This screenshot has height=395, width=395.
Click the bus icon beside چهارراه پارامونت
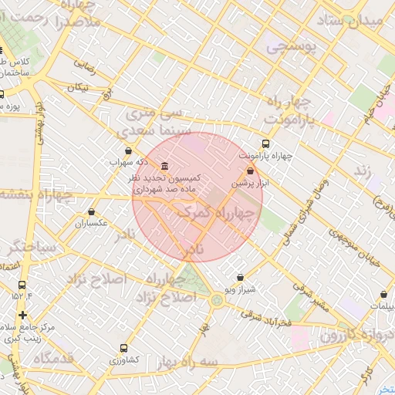tap(266, 143)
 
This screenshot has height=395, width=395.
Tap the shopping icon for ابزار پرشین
tap(250, 171)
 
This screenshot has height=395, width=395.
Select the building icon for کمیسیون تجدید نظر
tap(164, 167)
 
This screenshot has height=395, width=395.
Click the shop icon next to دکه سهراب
tap(128, 151)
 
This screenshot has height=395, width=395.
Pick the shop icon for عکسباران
tap(92, 211)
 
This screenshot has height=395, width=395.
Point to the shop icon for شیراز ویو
tap(240, 277)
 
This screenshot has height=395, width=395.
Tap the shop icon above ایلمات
tap(383, 294)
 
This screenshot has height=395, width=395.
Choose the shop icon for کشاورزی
tap(123, 348)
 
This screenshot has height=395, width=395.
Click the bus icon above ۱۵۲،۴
tap(22, 285)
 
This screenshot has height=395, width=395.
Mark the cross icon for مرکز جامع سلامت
tap(22, 315)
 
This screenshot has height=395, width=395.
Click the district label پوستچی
tap(292, 47)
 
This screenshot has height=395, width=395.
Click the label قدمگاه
tap(52, 357)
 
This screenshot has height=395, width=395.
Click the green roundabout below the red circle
tap(217, 301)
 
